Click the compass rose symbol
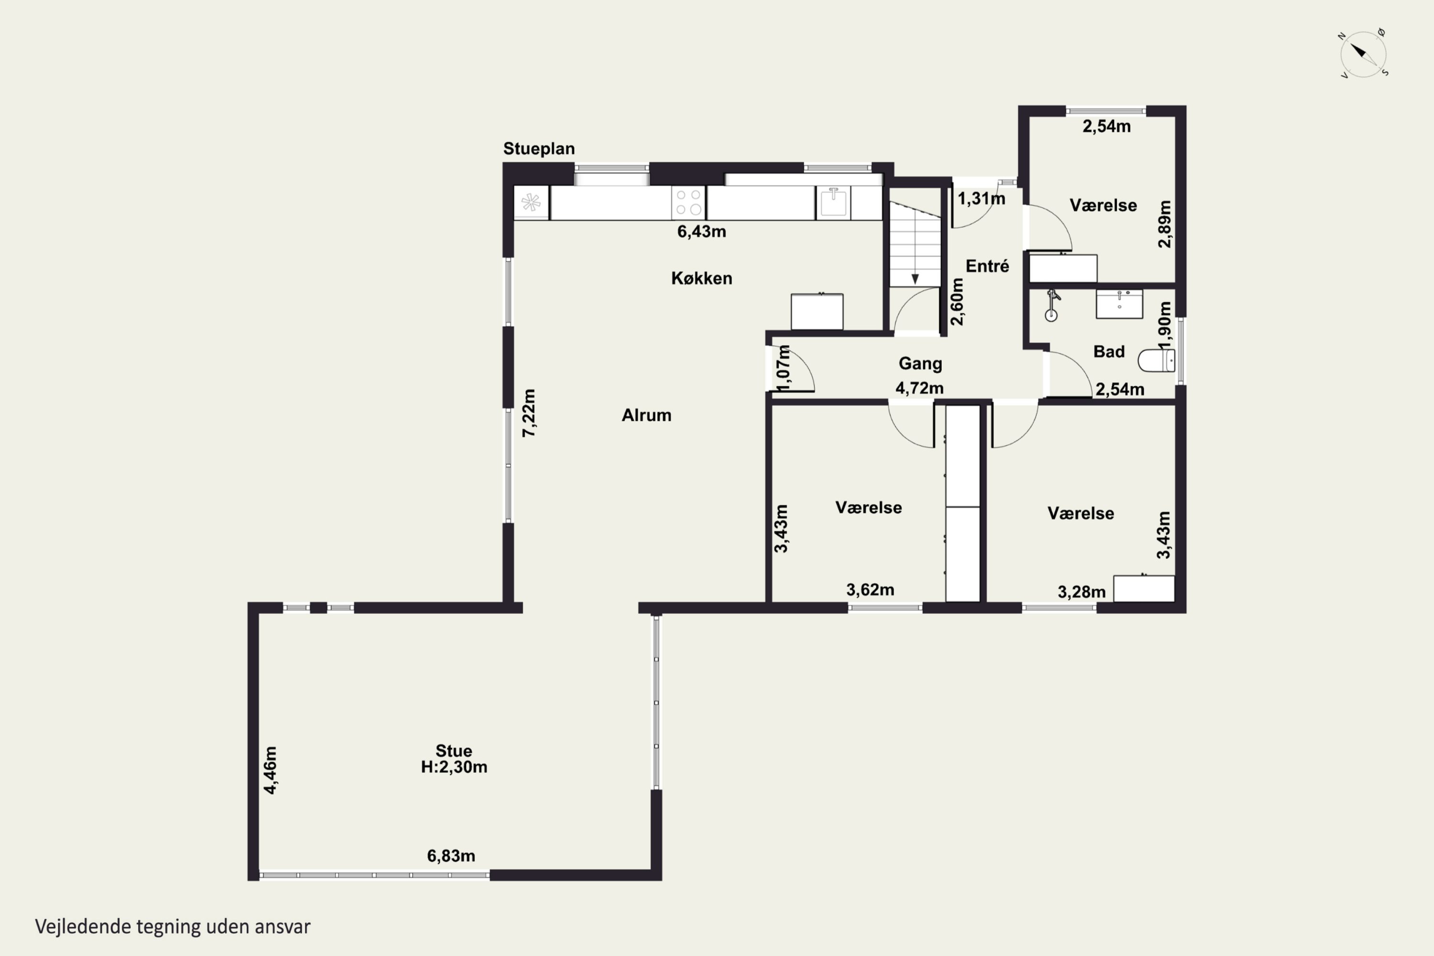(1363, 54)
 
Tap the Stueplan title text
(539, 149)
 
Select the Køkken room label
(702, 278)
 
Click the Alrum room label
(646, 415)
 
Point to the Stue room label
(454, 750)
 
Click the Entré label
(987, 266)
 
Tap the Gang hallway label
(921, 364)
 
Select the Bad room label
(1108, 351)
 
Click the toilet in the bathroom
(1156, 360)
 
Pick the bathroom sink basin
(1119, 304)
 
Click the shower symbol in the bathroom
(1052, 305)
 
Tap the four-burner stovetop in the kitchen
(688, 202)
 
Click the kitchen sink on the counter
(833, 202)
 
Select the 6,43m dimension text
(702, 232)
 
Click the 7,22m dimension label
(529, 413)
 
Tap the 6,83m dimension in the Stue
(451, 856)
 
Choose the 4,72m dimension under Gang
(919, 388)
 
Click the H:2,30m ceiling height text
(454, 767)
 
